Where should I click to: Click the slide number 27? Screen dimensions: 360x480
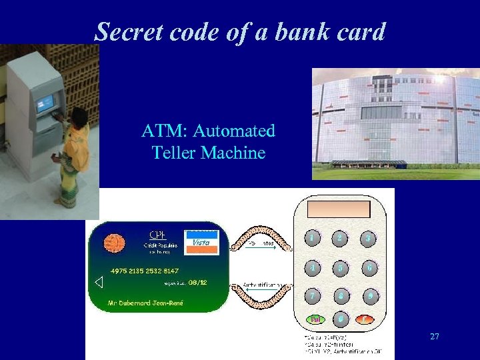[x=434, y=337]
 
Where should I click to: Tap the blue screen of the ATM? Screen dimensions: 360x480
[x=45, y=103]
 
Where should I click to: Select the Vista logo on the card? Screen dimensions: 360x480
[x=201, y=241]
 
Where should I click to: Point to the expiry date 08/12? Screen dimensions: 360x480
[x=198, y=282]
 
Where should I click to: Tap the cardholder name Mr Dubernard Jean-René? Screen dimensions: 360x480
[x=147, y=303]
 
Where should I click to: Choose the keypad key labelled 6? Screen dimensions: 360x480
[x=368, y=267]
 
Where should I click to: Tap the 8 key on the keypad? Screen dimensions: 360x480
[x=340, y=295]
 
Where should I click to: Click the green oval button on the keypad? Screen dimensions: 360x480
[x=313, y=320]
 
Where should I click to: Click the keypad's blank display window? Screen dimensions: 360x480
[x=339, y=209]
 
